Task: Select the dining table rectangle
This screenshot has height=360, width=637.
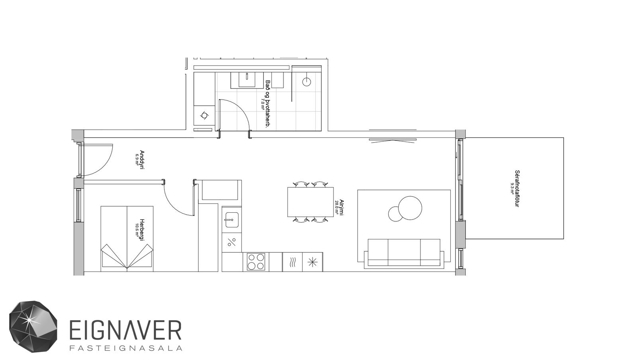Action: pos(310,202)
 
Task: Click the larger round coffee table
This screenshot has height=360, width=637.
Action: pos(410,208)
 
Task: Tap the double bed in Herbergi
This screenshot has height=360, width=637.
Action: pos(127,239)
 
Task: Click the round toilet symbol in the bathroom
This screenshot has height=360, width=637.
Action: pos(307,82)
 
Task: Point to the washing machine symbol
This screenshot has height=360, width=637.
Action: pos(205,116)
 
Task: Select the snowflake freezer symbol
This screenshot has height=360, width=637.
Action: pos(312,262)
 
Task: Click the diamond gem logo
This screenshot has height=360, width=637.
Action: pos(33,326)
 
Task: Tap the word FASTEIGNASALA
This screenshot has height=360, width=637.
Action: pos(126,348)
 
